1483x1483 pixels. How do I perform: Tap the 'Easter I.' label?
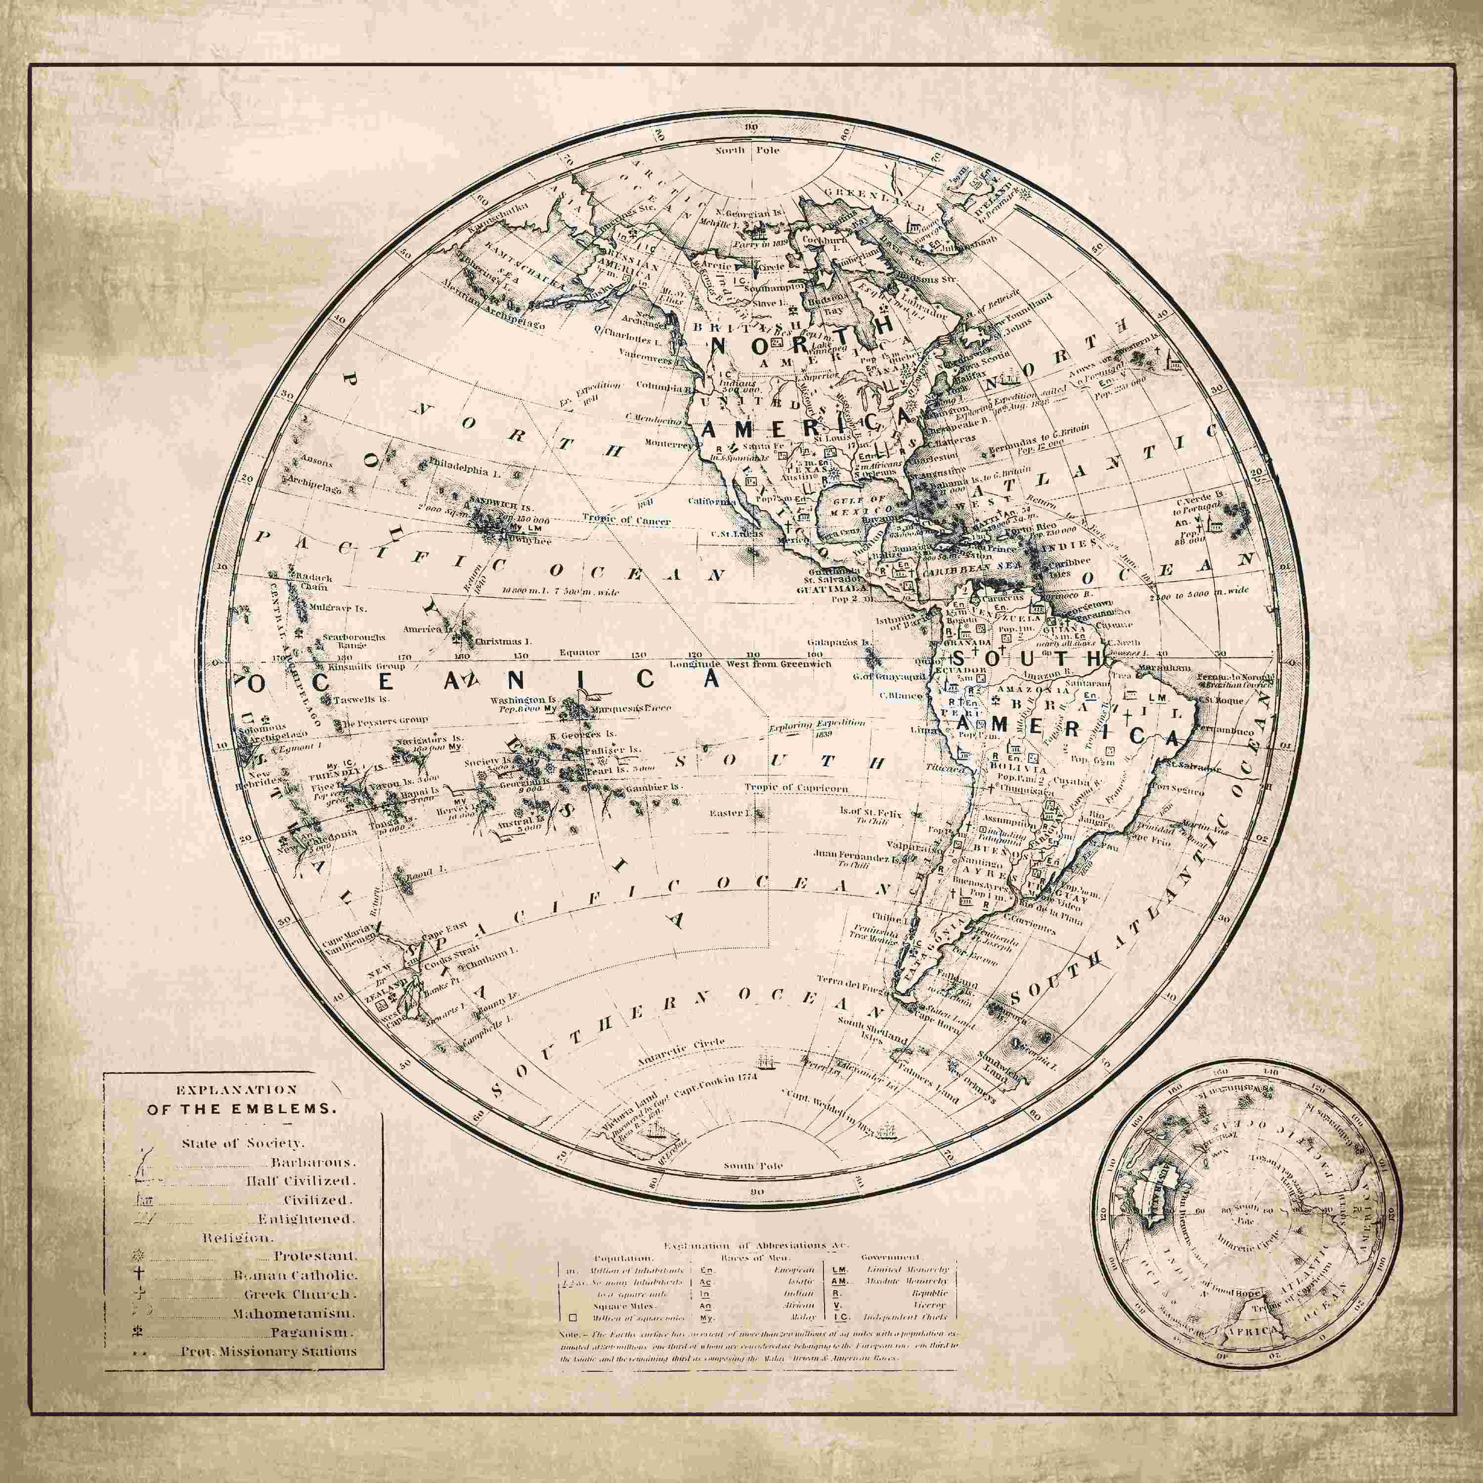[x=742, y=812]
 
